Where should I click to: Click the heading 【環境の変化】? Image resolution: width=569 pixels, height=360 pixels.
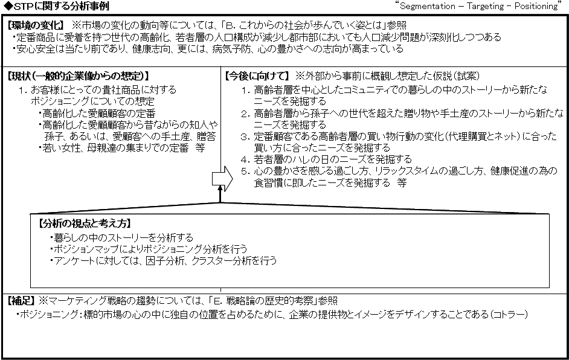(36, 25)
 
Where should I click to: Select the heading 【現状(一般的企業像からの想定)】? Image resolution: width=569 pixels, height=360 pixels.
(78, 76)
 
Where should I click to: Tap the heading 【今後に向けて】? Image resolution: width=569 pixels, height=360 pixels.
(257, 76)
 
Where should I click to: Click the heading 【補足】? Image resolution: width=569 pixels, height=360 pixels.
(21, 301)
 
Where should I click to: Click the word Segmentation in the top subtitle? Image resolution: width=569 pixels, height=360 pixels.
(428, 6)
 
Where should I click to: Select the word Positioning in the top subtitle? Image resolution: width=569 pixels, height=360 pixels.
(536, 6)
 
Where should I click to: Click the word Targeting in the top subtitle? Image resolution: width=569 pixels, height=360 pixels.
(486, 6)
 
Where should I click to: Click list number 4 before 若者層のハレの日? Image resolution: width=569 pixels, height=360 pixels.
(245, 160)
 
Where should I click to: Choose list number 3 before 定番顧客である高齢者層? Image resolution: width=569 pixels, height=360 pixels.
(245, 137)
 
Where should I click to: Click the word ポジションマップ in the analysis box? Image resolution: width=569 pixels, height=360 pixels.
(86, 249)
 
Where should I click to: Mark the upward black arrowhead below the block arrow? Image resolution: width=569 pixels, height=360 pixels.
(220, 188)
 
